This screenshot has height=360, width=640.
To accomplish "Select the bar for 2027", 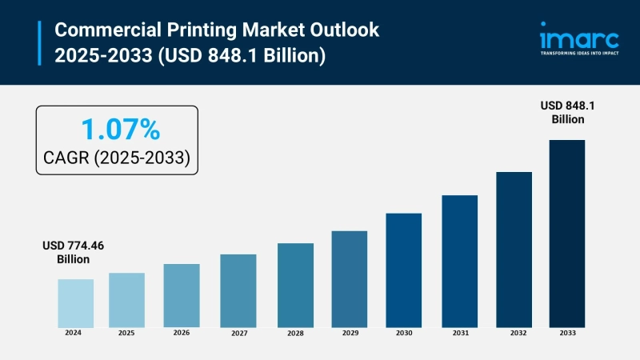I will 238,290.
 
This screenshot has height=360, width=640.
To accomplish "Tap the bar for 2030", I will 403,270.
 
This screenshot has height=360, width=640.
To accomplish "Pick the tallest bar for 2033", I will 566,233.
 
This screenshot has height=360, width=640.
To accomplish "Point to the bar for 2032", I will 514,249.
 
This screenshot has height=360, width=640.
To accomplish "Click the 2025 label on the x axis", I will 126,332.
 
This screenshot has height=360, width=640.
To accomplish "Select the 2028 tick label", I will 295,332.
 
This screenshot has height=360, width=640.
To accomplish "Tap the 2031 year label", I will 459,332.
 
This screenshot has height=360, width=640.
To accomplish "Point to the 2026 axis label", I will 182,332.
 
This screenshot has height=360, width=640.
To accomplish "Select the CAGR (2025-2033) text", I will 117,158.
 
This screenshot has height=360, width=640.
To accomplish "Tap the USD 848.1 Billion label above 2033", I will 567,112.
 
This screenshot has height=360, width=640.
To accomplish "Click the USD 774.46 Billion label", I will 73,253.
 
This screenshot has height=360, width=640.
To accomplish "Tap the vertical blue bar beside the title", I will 39,42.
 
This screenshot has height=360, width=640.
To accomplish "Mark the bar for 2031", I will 459,261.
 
